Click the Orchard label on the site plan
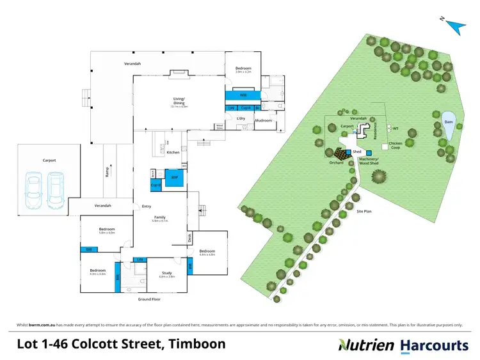click(x=337, y=163)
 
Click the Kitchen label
click(x=173, y=152)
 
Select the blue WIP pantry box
click(x=173, y=178)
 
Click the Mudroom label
click(x=264, y=120)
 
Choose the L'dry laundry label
click(x=241, y=118)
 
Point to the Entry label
click(x=147, y=206)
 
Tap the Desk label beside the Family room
click(x=189, y=239)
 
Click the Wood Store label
click(x=220, y=127)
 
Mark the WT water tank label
click(x=396, y=128)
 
